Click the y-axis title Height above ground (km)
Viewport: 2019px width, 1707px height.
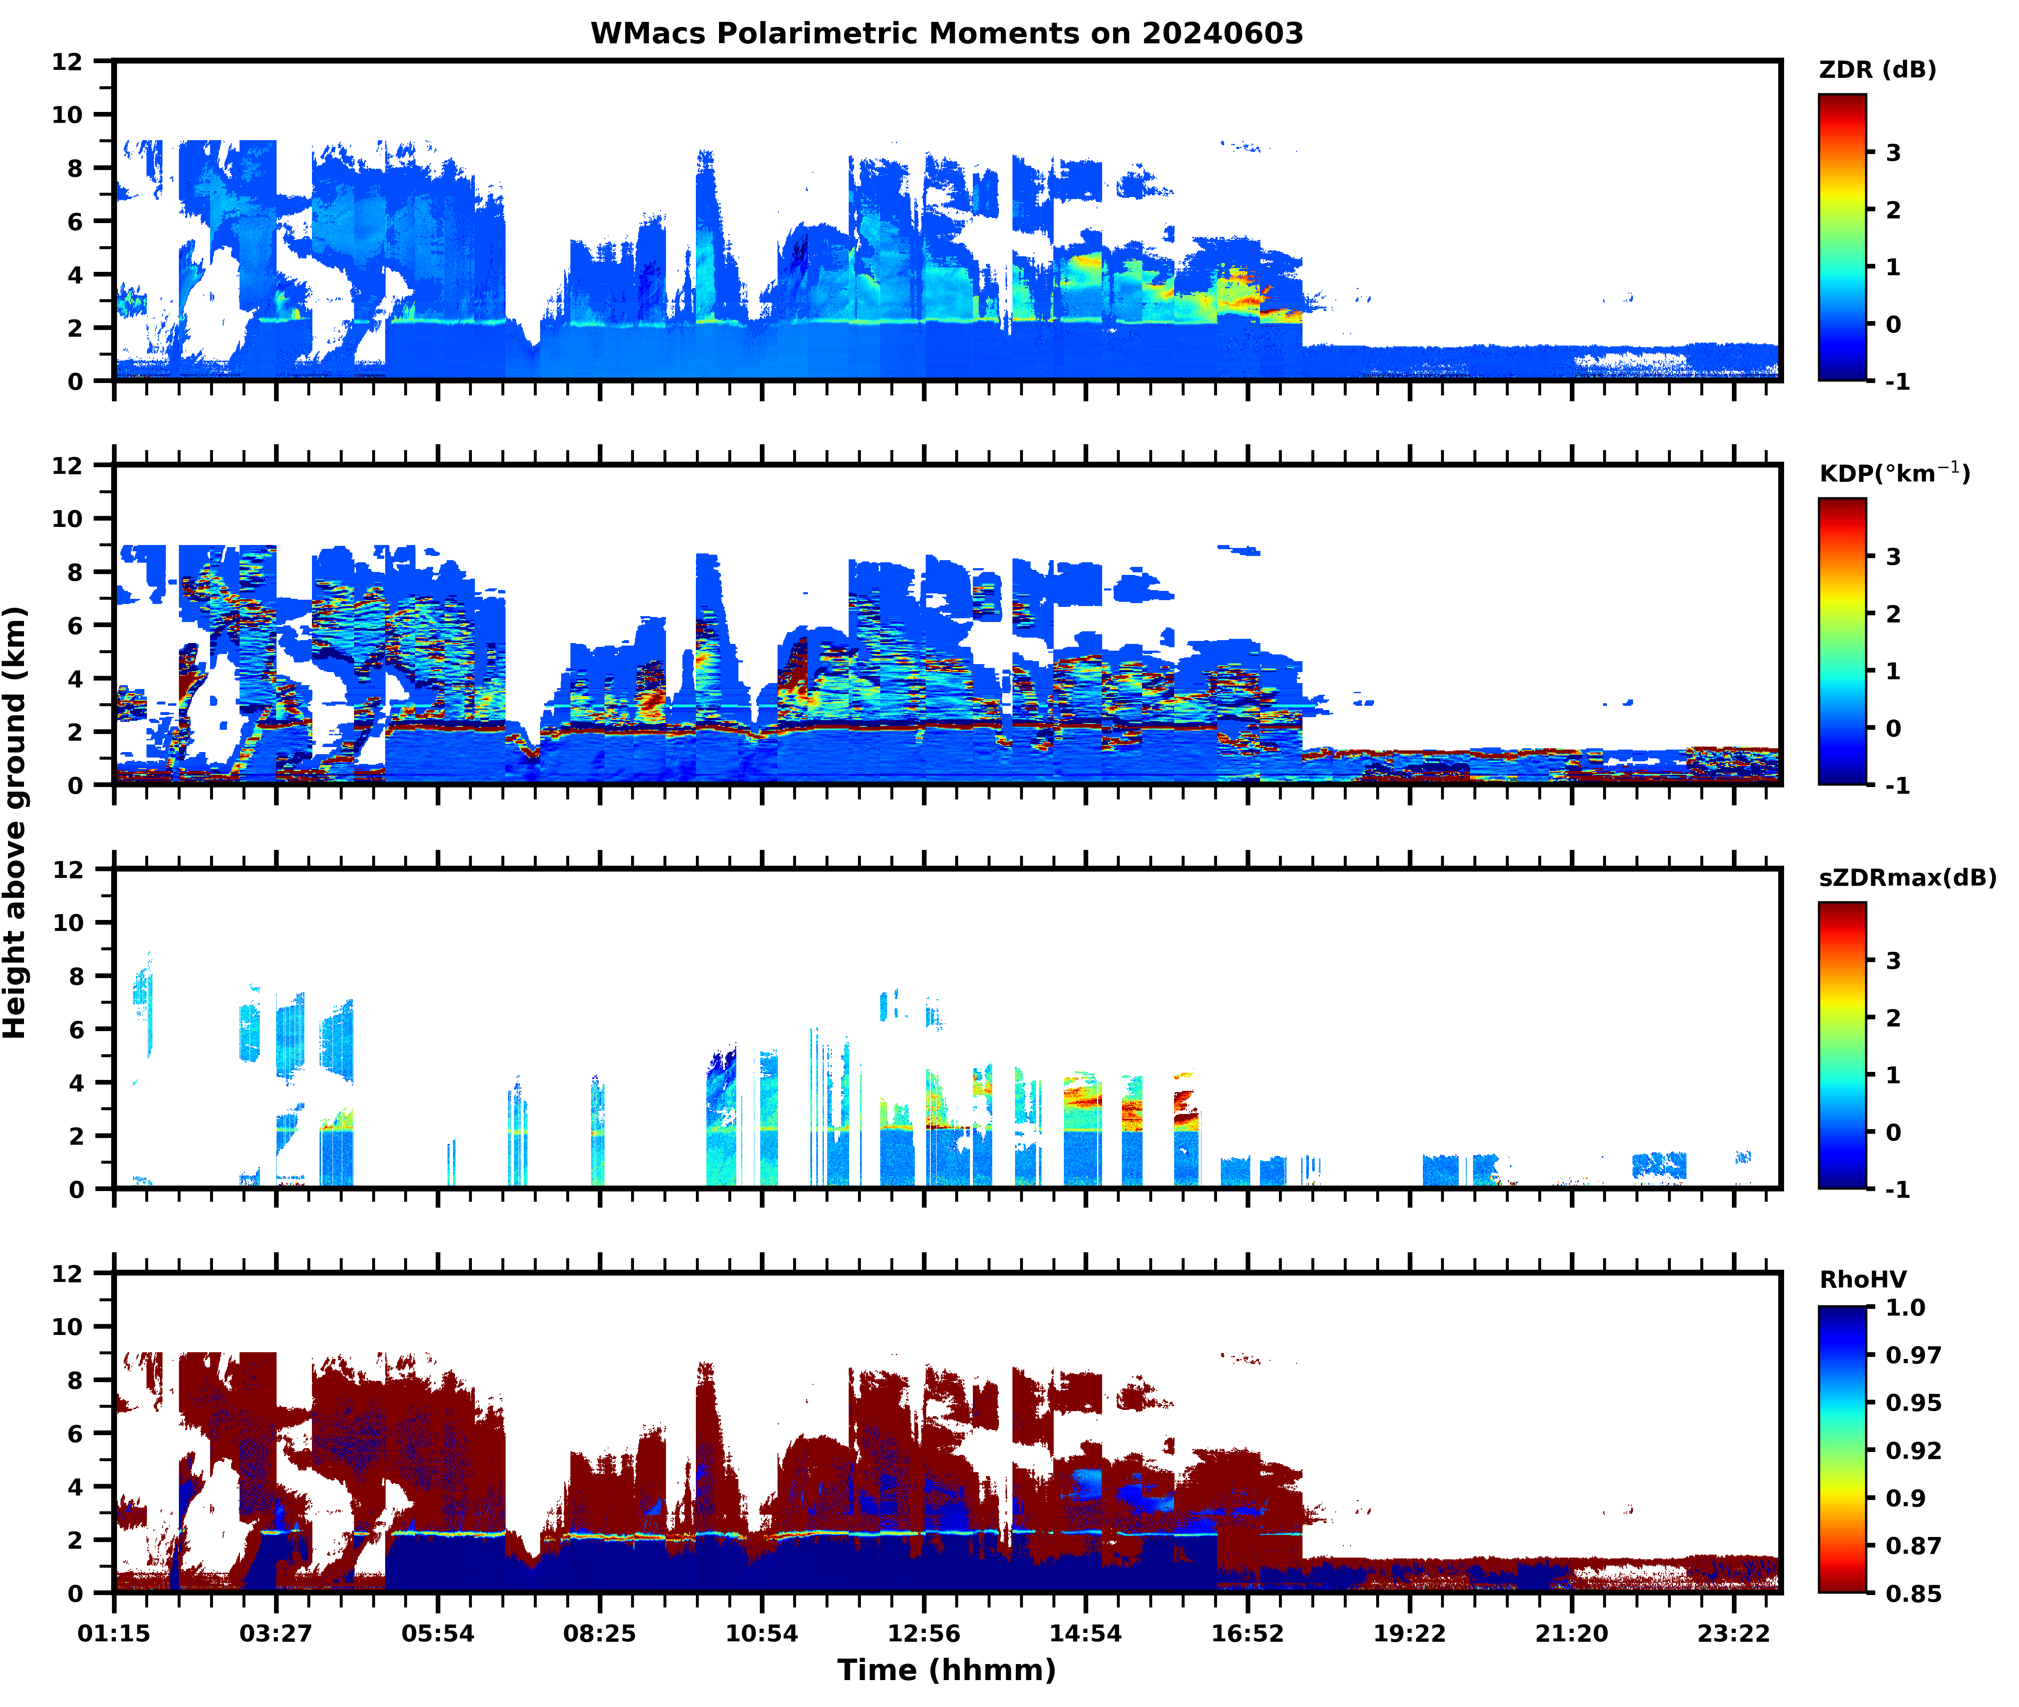tap(16, 822)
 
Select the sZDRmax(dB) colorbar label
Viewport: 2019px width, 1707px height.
tap(1907, 877)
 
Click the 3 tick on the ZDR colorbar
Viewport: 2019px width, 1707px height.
tap(1893, 153)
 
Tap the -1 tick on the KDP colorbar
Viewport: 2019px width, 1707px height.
tap(1897, 785)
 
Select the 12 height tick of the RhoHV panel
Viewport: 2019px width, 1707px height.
tap(68, 1274)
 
